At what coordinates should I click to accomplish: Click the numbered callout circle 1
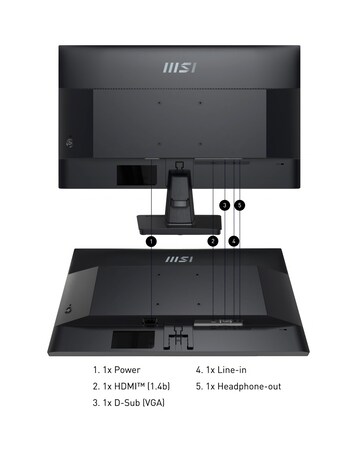pos(151,240)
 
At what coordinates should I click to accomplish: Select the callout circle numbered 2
pos(212,240)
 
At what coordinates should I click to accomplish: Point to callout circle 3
pos(224,205)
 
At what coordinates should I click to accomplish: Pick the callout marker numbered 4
pos(233,240)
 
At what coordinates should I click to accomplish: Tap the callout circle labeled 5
pos(240,205)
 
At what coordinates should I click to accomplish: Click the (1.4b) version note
pos(157,387)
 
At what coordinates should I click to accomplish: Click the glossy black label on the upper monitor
pos(129,175)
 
